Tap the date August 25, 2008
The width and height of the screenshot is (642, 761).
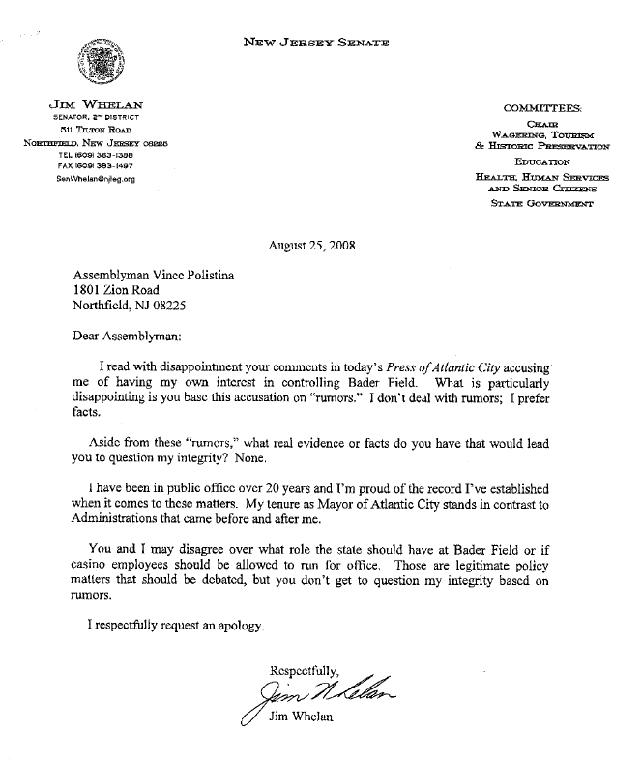(312, 244)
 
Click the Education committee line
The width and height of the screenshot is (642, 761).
(542, 162)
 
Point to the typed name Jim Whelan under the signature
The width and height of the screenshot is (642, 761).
(301, 718)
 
